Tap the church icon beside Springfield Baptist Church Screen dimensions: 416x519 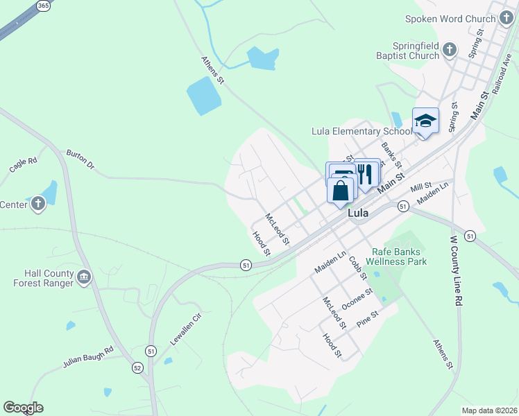point(450,50)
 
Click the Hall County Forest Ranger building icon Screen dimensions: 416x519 point(85,277)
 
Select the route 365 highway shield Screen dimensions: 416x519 point(43,6)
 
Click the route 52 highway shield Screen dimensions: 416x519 point(137,367)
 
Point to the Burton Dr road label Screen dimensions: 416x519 point(79,159)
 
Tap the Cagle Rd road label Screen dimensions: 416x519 point(22,164)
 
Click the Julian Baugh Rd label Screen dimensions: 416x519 point(87,356)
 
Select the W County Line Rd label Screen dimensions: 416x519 point(456,271)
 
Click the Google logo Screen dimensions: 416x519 point(23,408)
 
